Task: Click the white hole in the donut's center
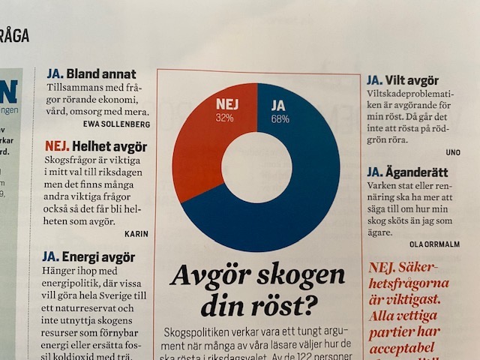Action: coord(256,167)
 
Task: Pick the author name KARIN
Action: coord(136,232)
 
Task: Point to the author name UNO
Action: coord(452,151)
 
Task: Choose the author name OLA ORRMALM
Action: coord(434,243)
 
